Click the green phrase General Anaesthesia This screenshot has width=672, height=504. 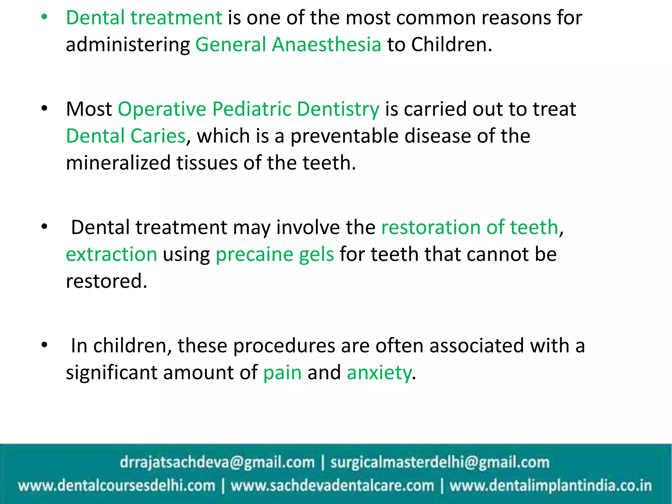tap(288, 45)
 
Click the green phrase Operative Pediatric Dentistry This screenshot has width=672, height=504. tap(248, 109)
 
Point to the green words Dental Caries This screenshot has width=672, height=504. tap(126, 136)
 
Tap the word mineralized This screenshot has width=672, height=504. tap(118, 163)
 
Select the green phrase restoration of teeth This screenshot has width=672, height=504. tap(470, 227)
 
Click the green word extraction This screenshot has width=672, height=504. tap(112, 254)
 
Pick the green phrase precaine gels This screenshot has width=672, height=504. tap(275, 254)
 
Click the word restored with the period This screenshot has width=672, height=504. tap(106, 281)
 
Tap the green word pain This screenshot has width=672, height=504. tap(282, 373)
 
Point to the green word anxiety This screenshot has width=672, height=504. tap(379, 373)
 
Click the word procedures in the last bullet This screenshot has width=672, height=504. tap(284, 346)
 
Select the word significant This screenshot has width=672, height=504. tap(112, 373)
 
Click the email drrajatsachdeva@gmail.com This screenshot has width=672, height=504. tap(217, 462)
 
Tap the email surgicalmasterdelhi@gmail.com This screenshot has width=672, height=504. tap(440, 462)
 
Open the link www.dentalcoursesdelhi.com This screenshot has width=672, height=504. tap(116, 485)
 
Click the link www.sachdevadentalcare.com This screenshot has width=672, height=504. tap(332, 485)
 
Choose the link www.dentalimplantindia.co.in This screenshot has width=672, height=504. tap(550, 485)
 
